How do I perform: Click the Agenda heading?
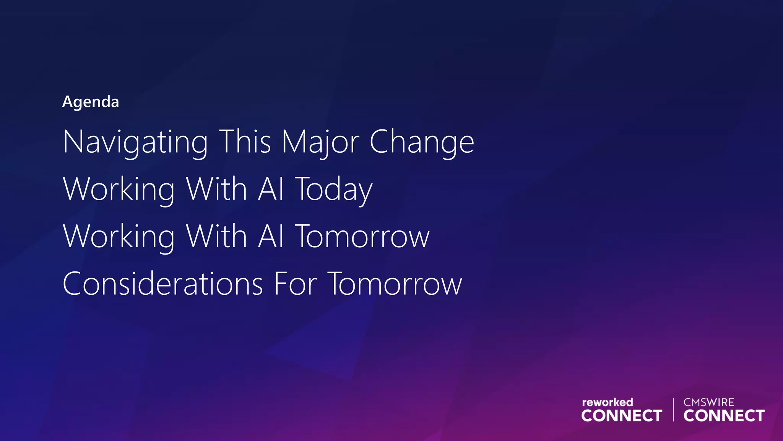pyautogui.click(x=91, y=102)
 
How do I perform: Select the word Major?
pyautogui.click(x=320, y=142)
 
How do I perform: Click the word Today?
pyautogui.click(x=334, y=189)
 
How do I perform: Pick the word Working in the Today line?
pyautogui.click(x=119, y=189)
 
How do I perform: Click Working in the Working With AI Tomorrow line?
pyautogui.click(x=119, y=237)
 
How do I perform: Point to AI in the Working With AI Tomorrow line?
pyautogui.click(x=271, y=236)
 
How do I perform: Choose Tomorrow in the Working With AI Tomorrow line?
pyautogui.click(x=362, y=237)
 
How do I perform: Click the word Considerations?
pyautogui.click(x=163, y=284)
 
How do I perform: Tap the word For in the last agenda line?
pyautogui.click(x=296, y=284)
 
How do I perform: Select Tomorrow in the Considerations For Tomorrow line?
pyautogui.click(x=395, y=284)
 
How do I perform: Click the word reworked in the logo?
pyautogui.click(x=607, y=402)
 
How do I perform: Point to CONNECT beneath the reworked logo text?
pyautogui.click(x=622, y=416)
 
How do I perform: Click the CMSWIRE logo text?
pyautogui.click(x=709, y=402)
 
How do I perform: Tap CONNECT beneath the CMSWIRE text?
pyautogui.click(x=724, y=416)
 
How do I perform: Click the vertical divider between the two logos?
pyautogui.click(x=673, y=410)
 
